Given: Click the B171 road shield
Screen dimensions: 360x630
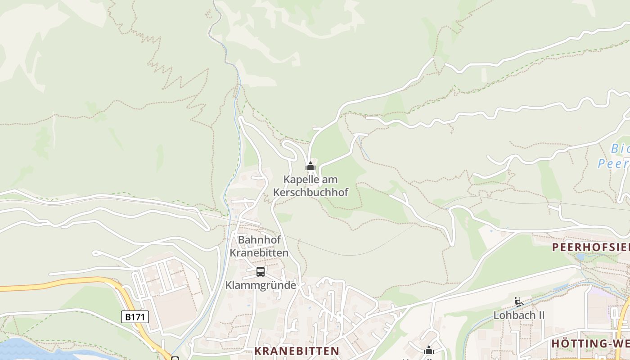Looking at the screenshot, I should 135,317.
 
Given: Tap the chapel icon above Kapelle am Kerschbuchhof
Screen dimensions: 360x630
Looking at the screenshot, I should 310,166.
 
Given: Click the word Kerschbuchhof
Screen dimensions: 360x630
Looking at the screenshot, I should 310,193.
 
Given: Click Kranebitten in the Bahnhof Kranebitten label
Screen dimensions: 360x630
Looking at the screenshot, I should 259,253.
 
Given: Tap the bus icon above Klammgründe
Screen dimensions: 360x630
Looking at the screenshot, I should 261,271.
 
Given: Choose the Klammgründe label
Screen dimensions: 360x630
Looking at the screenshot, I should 261,285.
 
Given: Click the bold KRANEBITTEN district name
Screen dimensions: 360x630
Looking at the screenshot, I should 297,351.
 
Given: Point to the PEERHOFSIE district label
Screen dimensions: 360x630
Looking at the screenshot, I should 590,247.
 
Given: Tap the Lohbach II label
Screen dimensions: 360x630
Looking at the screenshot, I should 519,315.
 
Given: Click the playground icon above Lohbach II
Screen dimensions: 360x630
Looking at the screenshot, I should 519,301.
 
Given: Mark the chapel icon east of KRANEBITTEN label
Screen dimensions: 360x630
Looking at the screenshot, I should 429,350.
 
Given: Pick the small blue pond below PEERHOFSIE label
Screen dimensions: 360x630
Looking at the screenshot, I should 580,257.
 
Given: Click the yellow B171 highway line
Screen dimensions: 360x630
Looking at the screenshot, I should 67,282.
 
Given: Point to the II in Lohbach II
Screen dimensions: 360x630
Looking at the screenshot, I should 540,315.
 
